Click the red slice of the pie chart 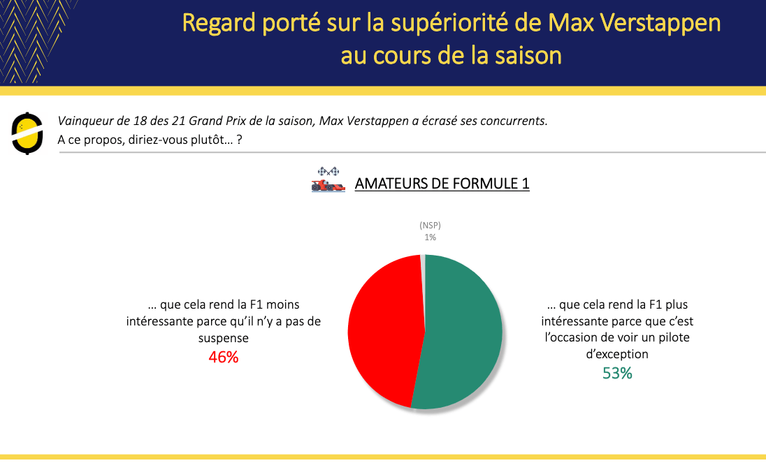pos(384,332)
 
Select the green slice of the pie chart pos(462,332)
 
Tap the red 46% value pos(223,357)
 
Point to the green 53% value pos(617,373)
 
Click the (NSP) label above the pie pos(430,226)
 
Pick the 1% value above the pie pos(430,237)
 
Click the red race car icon pos(328,185)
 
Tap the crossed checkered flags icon pos(328,171)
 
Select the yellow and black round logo pos(27,133)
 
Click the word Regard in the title pos(219,24)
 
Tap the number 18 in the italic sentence pos(140,121)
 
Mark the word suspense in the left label pos(223,338)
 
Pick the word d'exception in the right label pos(617,354)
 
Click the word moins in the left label pos(282,304)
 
